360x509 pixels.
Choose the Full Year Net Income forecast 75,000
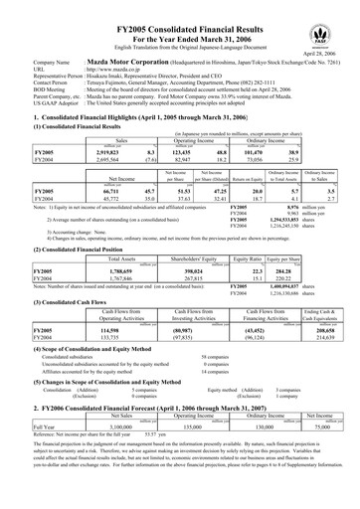(317, 453)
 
